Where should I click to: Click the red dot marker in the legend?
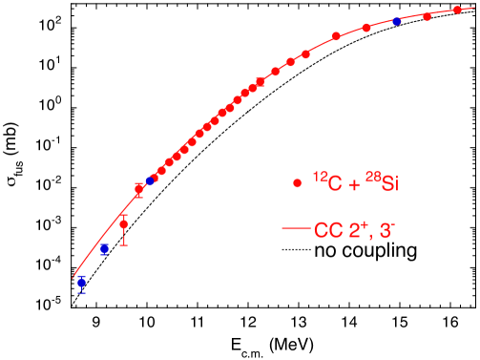click(x=298, y=182)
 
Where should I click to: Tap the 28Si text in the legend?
click(x=381, y=183)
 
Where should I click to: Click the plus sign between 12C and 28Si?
click(x=355, y=184)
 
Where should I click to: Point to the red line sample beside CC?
click(x=298, y=230)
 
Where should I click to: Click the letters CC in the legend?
click(x=329, y=230)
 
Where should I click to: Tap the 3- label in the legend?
click(x=393, y=229)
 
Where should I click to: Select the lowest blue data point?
click(x=81, y=281)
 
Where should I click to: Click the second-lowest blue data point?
click(x=104, y=249)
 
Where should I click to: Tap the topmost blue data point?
click(x=397, y=21)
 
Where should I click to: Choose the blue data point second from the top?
click(x=150, y=180)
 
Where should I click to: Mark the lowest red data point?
click(x=123, y=224)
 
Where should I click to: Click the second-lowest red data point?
click(x=138, y=189)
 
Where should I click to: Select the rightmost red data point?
click(x=457, y=10)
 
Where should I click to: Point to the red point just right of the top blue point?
click(x=427, y=16)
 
